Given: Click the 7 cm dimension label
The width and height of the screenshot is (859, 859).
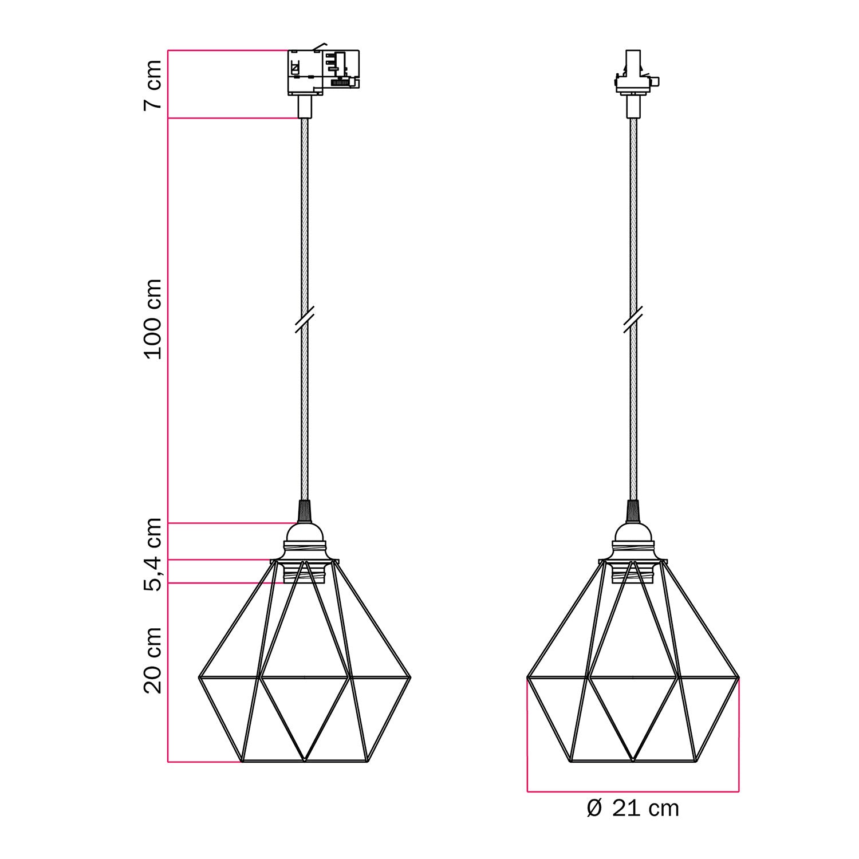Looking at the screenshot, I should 152,85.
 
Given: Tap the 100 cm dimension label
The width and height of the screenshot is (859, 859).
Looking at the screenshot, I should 152,320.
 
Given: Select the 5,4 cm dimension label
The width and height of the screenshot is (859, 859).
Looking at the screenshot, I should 152,554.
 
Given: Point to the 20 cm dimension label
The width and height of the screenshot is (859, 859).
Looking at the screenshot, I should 152,660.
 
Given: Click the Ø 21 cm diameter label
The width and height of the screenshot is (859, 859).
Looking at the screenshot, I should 633,809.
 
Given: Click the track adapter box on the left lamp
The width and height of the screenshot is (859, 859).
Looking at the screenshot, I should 323,72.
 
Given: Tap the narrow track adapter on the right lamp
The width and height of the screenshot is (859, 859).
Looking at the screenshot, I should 633,74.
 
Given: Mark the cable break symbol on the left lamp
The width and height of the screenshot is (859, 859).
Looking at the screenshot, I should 305,320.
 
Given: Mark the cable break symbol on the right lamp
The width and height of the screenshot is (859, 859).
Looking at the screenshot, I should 633,320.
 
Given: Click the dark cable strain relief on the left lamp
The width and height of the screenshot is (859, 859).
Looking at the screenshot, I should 305,510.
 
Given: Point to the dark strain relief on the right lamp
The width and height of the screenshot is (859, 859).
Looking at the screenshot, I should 633,510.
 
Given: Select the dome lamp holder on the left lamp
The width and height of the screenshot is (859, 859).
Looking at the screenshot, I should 305,538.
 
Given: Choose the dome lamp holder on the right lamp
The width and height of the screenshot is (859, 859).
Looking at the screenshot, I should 633,538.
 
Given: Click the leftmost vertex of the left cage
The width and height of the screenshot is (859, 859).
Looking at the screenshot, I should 199,677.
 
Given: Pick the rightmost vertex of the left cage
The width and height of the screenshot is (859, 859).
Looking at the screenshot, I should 411,677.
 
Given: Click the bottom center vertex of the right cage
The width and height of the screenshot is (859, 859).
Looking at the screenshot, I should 633,761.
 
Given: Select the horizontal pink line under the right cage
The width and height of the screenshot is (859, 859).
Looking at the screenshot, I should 633,792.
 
